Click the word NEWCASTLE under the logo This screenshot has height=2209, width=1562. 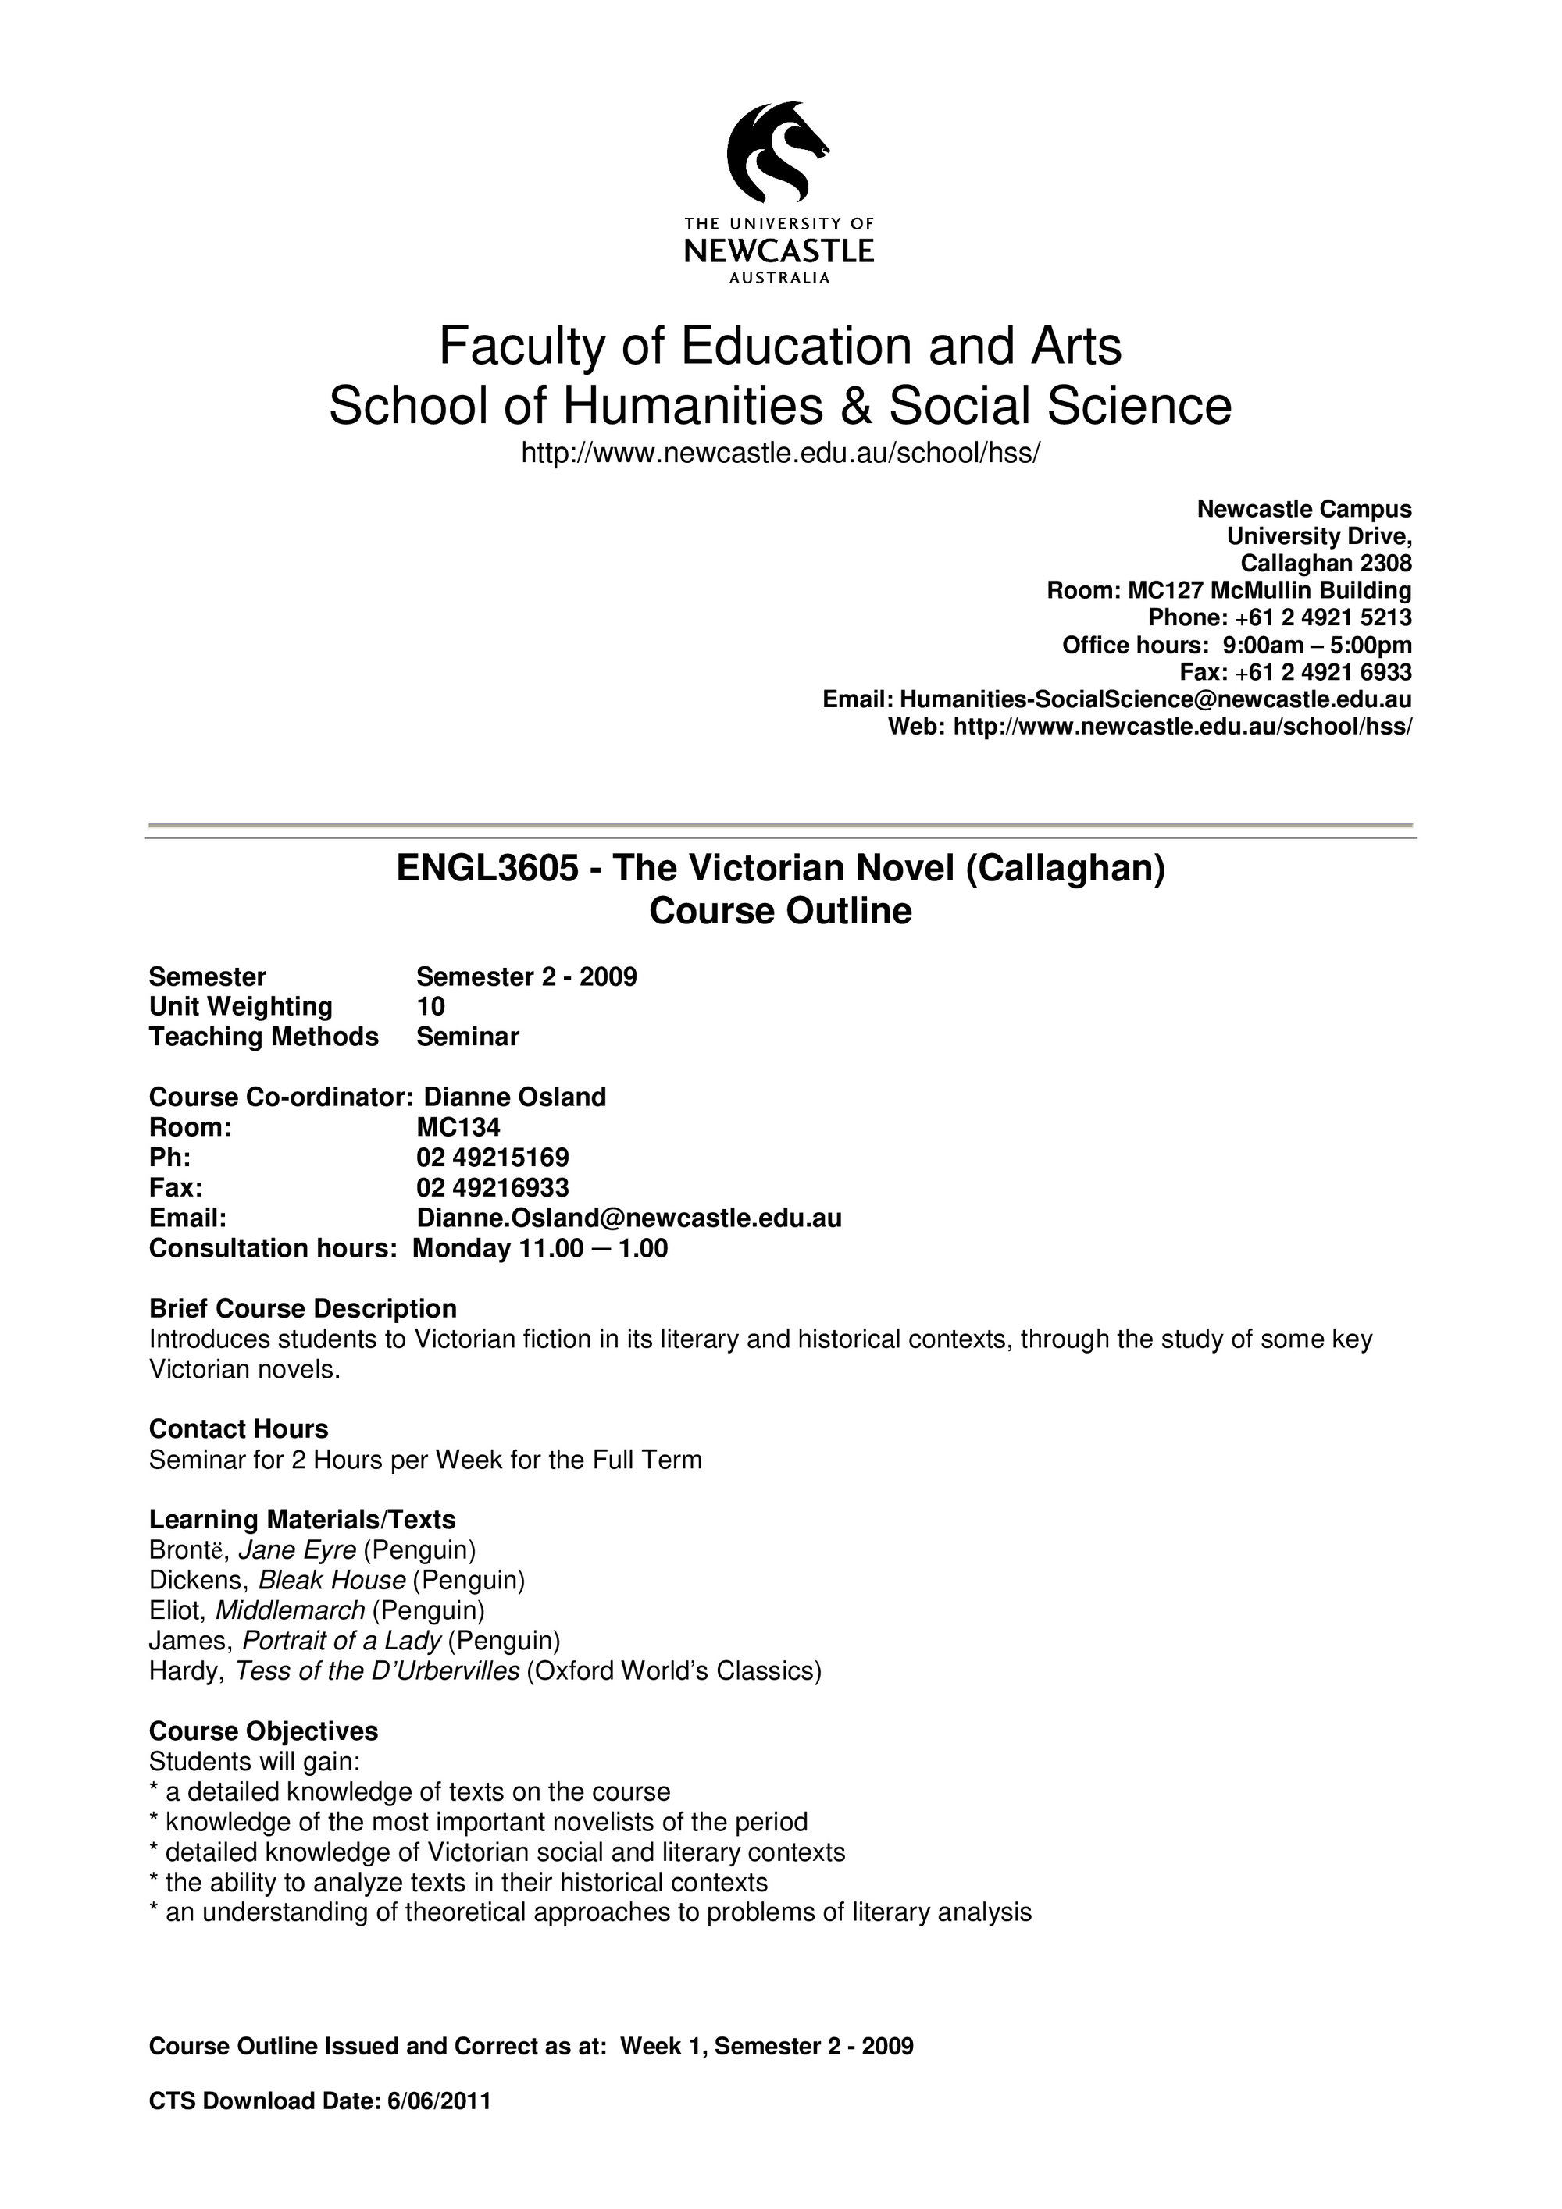point(779,252)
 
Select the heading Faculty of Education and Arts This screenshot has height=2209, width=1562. point(779,347)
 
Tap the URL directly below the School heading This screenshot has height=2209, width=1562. point(779,452)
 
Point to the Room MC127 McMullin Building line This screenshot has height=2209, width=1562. point(1229,590)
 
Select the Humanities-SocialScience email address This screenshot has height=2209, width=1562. point(1155,699)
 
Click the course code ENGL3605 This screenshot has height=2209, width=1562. point(488,868)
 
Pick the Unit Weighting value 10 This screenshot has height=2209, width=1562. point(430,1006)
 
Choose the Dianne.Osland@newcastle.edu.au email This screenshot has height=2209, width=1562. point(629,1218)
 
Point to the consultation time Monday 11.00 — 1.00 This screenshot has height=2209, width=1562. point(540,1248)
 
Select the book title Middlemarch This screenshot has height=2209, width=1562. point(290,1610)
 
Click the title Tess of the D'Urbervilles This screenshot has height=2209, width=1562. point(377,1670)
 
